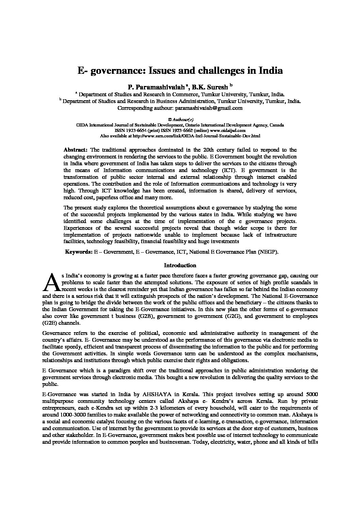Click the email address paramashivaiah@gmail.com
(208, 108)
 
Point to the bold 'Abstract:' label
(76, 150)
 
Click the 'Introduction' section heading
(180, 266)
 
